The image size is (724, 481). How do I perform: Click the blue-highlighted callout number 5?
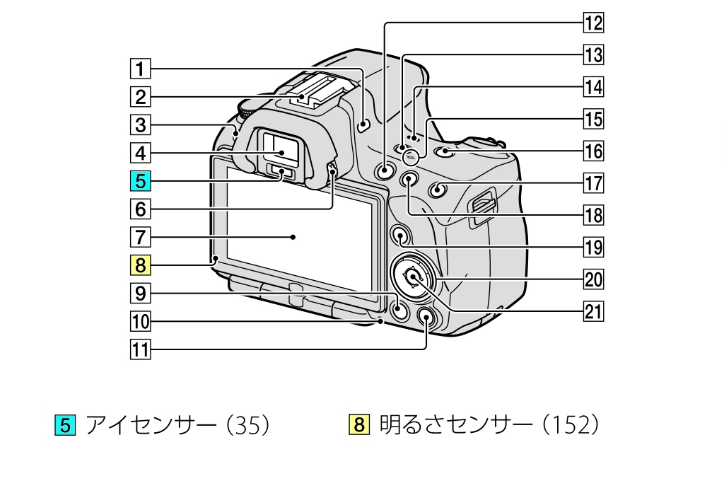click(140, 181)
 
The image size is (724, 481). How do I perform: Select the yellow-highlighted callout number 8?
click(140, 265)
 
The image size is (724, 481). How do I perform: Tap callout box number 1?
click(140, 69)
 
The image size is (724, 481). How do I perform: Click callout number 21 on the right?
click(592, 309)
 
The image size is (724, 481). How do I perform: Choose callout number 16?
click(592, 151)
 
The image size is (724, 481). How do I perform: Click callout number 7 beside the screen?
click(140, 235)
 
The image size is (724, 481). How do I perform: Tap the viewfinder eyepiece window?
click(281, 149)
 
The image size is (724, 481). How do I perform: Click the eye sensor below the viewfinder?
click(281, 173)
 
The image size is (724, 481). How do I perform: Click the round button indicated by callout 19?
click(399, 235)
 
